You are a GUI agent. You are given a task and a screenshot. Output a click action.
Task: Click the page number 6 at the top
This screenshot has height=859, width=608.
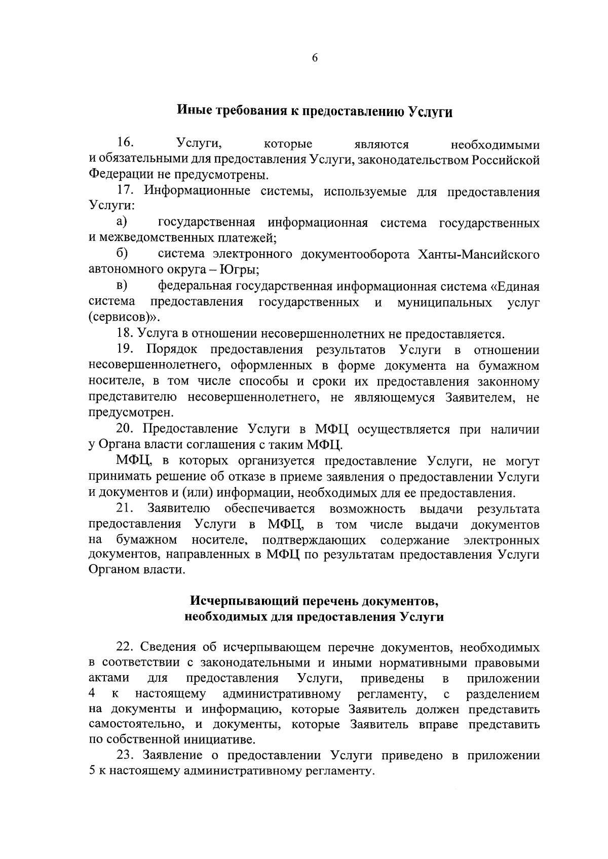(314, 58)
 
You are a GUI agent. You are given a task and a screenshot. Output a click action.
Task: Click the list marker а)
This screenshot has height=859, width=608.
(122, 222)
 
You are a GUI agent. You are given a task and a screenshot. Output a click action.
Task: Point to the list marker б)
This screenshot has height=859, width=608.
(122, 253)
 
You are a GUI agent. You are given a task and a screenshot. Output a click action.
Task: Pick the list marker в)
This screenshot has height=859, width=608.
(122, 286)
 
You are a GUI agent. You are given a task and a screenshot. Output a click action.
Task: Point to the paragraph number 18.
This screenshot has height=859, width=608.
(125, 334)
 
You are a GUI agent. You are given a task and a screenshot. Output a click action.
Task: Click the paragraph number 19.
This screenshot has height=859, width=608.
(125, 349)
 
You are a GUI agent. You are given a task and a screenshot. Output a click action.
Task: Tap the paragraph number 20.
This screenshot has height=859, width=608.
(125, 429)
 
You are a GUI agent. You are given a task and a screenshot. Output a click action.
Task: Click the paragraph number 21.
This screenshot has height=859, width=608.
(125, 508)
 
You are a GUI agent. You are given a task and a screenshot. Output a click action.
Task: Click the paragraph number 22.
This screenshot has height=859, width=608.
(125, 647)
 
